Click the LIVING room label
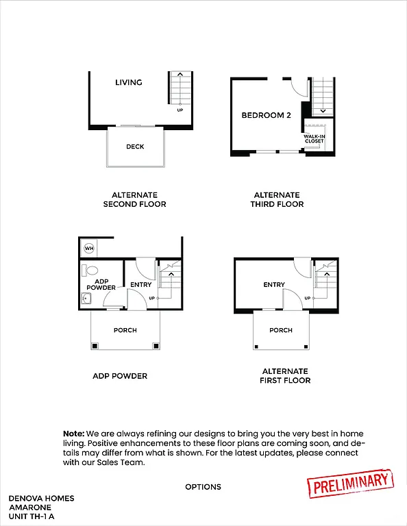(x=128, y=82)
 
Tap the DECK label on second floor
(x=135, y=147)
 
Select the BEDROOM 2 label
(x=266, y=115)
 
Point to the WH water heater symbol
(x=88, y=247)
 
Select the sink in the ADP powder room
(x=86, y=298)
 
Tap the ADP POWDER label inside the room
(x=101, y=284)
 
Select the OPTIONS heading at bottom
(x=203, y=487)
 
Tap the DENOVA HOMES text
(x=41, y=498)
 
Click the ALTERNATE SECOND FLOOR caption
(x=134, y=199)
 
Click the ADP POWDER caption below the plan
(x=120, y=376)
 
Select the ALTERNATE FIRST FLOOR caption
(x=285, y=375)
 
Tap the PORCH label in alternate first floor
(x=281, y=330)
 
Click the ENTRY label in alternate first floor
(x=274, y=285)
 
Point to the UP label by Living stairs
(x=180, y=110)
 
